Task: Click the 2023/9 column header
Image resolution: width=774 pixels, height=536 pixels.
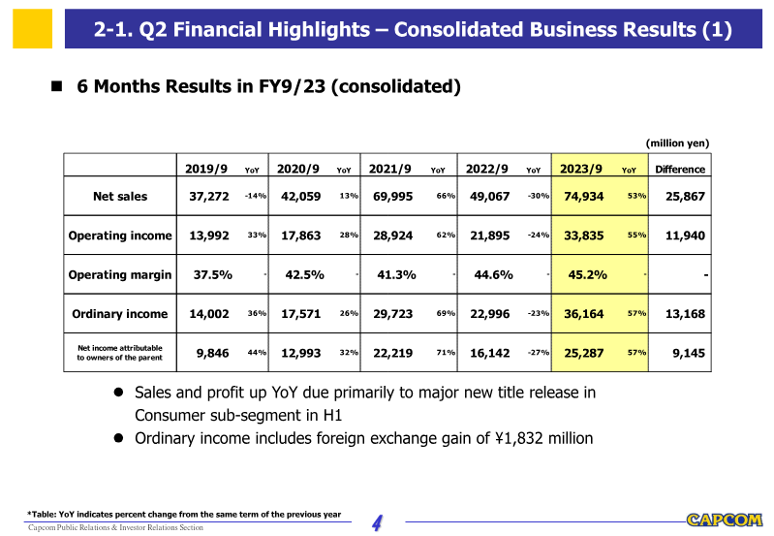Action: coord(581,169)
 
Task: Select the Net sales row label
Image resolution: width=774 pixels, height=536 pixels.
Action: coord(120,197)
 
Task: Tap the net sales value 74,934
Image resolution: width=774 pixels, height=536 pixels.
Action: coord(584,197)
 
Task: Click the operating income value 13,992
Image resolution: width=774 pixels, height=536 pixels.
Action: coord(209,236)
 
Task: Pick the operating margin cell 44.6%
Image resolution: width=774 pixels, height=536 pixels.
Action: coord(493,274)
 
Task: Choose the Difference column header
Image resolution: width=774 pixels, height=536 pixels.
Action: coord(680,170)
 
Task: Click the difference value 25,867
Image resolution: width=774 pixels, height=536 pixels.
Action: coord(685,197)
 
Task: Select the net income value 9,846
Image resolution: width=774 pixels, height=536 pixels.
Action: coord(212,353)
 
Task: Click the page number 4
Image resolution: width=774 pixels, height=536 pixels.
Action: coord(378,523)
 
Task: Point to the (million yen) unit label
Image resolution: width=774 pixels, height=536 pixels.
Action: coord(677,143)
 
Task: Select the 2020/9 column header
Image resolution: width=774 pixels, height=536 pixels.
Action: coord(298,169)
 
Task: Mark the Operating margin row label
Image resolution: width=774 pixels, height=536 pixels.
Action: coord(120,274)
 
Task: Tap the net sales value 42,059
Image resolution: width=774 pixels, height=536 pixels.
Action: coord(300,197)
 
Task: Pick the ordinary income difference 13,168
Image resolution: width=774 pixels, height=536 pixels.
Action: coord(685,314)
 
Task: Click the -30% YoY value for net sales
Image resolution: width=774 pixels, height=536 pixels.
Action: coord(539,196)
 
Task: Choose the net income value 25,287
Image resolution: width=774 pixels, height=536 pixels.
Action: coord(584,353)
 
